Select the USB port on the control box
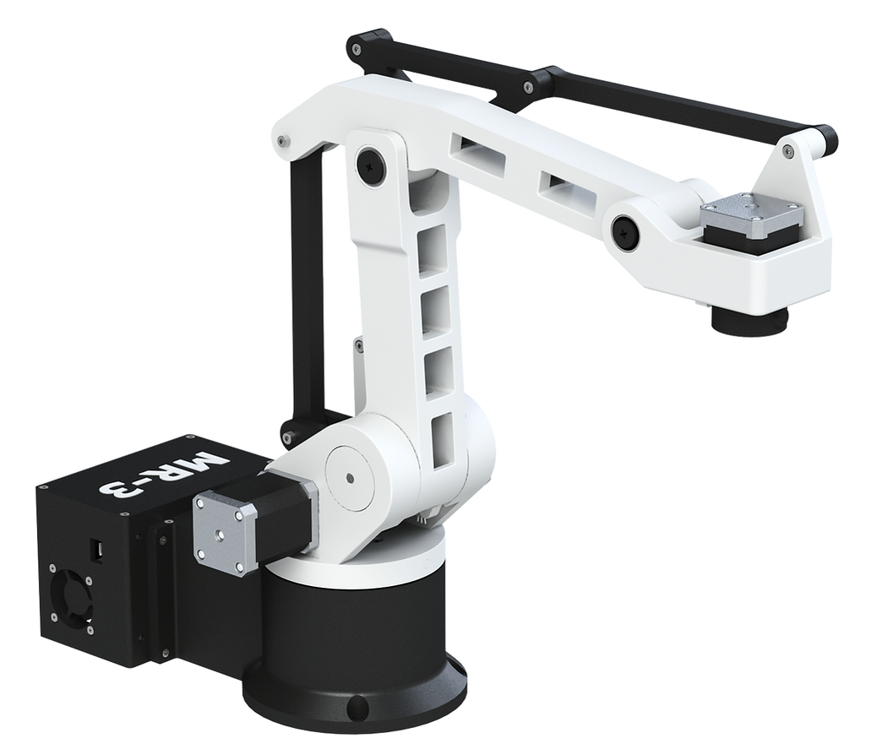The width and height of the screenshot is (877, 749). (x=97, y=551)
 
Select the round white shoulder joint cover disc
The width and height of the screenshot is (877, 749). (x=349, y=479)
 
